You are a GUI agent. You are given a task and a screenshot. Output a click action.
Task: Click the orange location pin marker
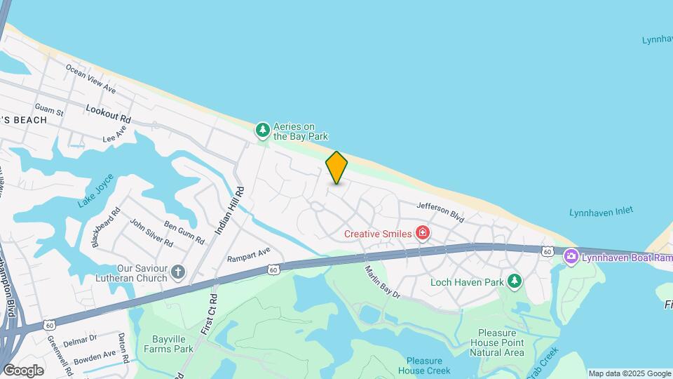pyautogui.click(x=336, y=167)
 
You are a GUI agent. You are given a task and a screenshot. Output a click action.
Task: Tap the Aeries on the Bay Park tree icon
pyautogui.click(x=263, y=129)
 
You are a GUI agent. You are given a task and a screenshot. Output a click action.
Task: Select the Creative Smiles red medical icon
pyautogui.click(x=422, y=232)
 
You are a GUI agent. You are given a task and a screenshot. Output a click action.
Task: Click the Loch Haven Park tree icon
pyautogui.click(x=515, y=281)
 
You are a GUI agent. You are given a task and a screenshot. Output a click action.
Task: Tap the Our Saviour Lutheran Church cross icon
pyautogui.click(x=178, y=272)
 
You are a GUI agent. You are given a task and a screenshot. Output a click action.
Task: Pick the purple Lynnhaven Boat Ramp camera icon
pyautogui.click(x=571, y=257)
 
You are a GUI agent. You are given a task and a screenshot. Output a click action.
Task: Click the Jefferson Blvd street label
pyautogui.click(x=440, y=212)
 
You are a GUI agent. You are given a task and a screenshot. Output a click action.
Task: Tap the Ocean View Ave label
pyautogui.click(x=90, y=79)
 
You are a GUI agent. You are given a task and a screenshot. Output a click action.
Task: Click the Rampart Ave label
pyautogui.click(x=248, y=255)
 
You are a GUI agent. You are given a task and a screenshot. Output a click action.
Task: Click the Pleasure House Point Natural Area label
pyautogui.click(x=501, y=343)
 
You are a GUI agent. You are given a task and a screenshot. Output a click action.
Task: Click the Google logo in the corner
pyautogui.click(x=23, y=370)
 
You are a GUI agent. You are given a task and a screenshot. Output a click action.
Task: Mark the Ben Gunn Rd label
pyautogui.click(x=184, y=232)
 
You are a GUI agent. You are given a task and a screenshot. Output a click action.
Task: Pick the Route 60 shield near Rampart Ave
pyautogui.click(x=273, y=269)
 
